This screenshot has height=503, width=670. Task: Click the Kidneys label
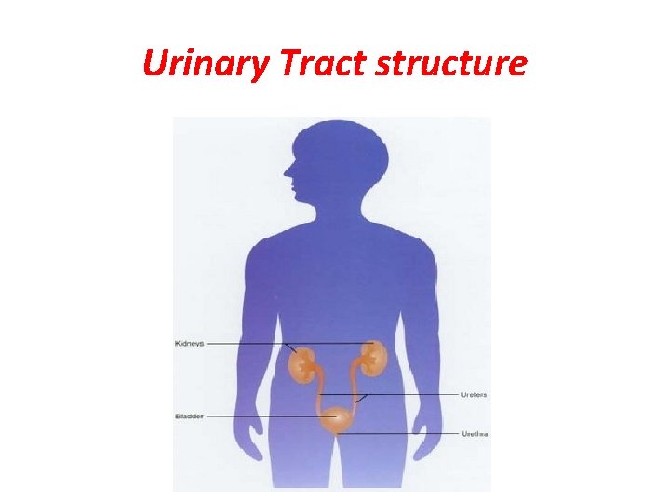click(x=189, y=344)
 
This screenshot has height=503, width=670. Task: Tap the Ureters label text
click(x=474, y=395)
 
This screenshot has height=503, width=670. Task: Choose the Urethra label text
click(x=474, y=434)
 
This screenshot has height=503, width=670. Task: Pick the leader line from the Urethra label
click(x=400, y=434)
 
